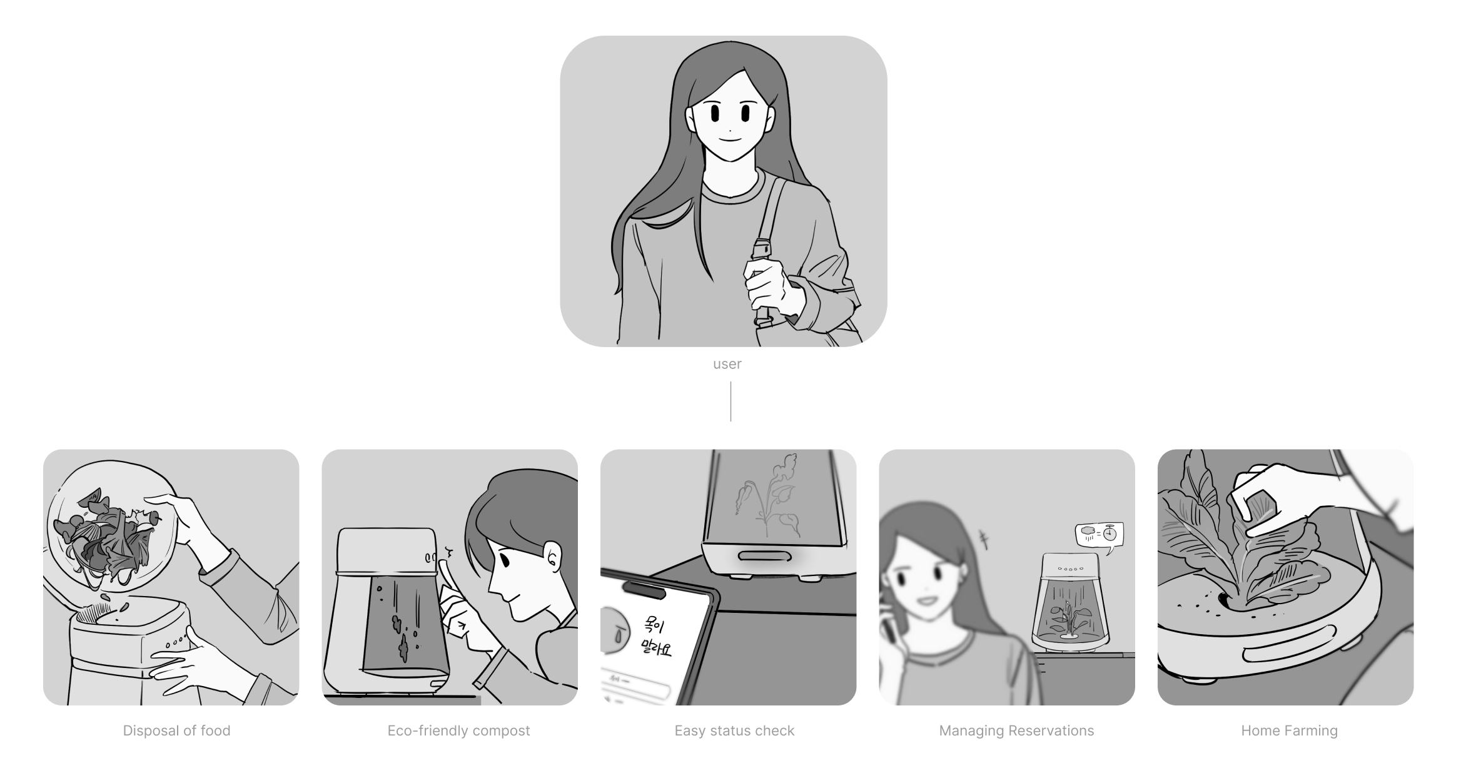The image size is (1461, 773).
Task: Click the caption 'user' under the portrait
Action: (727, 364)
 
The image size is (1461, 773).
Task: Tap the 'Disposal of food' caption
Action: (176, 730)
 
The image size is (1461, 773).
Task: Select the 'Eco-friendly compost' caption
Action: (458, 730)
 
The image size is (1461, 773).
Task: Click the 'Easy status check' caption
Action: (734, 730)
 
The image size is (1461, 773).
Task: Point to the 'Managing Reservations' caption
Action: (1016, 730)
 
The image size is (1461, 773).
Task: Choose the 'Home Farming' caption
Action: (1289, 730)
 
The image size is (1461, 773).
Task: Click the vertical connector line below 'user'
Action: (730, 401)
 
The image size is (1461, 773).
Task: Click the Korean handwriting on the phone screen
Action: (655, 637)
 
